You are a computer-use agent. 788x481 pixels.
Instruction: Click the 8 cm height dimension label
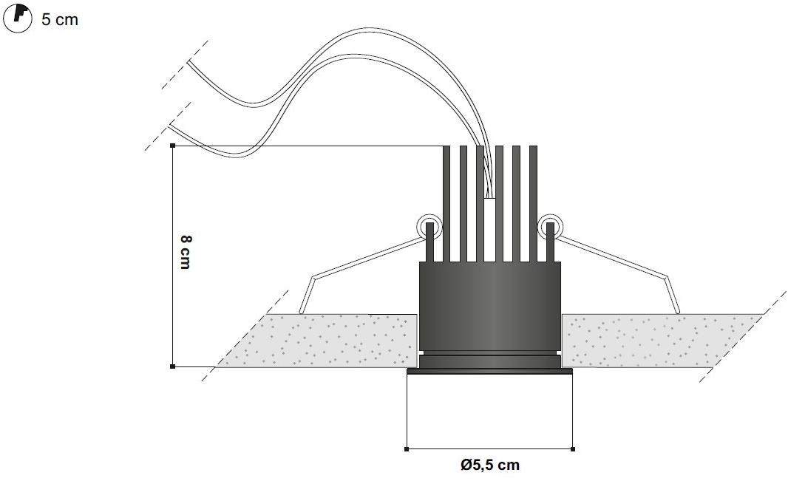click(x=185, y=252)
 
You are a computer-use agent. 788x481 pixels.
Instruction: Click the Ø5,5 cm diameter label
click(x=490, y=465)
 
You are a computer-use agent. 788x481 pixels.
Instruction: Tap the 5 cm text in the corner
click(x=60, y=20)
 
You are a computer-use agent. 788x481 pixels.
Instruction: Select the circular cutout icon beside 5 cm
click(x=18, y=18)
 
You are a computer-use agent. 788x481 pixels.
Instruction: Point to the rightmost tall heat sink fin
click(x=533, y=204)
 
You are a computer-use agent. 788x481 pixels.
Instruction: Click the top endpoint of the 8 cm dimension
click(x=173, y=146)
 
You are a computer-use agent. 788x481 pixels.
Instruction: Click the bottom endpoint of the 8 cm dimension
click(x=173, y=366)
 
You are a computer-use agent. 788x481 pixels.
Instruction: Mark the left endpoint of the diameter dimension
click(x=407, y=449)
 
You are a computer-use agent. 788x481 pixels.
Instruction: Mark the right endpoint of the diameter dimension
click(x=574, y=449)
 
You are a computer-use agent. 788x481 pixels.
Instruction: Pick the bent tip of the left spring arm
click(x=301, y=313)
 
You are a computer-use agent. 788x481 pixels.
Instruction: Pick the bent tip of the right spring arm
click(x=677, y=313)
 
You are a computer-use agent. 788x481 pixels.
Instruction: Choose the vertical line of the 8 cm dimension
click(x=173, y=256)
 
